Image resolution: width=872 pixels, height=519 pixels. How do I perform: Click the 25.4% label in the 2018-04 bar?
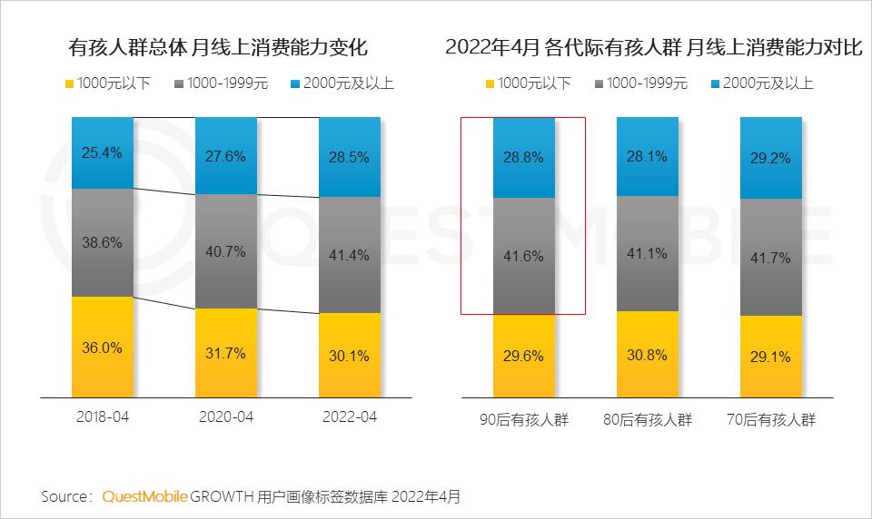102,152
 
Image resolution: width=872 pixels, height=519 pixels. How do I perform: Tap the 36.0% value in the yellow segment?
102,348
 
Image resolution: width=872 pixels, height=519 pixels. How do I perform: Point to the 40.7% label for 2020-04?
226,252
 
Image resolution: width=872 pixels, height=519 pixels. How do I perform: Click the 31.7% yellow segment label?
226,354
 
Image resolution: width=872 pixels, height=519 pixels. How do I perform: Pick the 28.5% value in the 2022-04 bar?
350,157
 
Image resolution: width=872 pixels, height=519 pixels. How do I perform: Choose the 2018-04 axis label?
102,417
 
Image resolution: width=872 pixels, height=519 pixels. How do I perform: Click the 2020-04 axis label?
226,417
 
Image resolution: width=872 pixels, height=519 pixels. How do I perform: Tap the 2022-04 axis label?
350,417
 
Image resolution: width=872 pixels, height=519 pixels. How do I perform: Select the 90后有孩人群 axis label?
524,420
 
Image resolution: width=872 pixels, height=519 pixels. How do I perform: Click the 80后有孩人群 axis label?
648,420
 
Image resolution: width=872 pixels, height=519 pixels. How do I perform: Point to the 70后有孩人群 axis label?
771,420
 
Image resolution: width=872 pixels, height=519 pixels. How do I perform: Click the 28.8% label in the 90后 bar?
524,157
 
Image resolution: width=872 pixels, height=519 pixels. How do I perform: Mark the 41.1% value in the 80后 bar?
648,255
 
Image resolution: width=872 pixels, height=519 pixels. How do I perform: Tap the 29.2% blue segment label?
771,157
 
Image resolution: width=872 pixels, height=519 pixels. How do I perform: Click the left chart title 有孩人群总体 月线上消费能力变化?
218,47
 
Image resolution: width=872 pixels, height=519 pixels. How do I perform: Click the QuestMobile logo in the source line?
145,496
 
